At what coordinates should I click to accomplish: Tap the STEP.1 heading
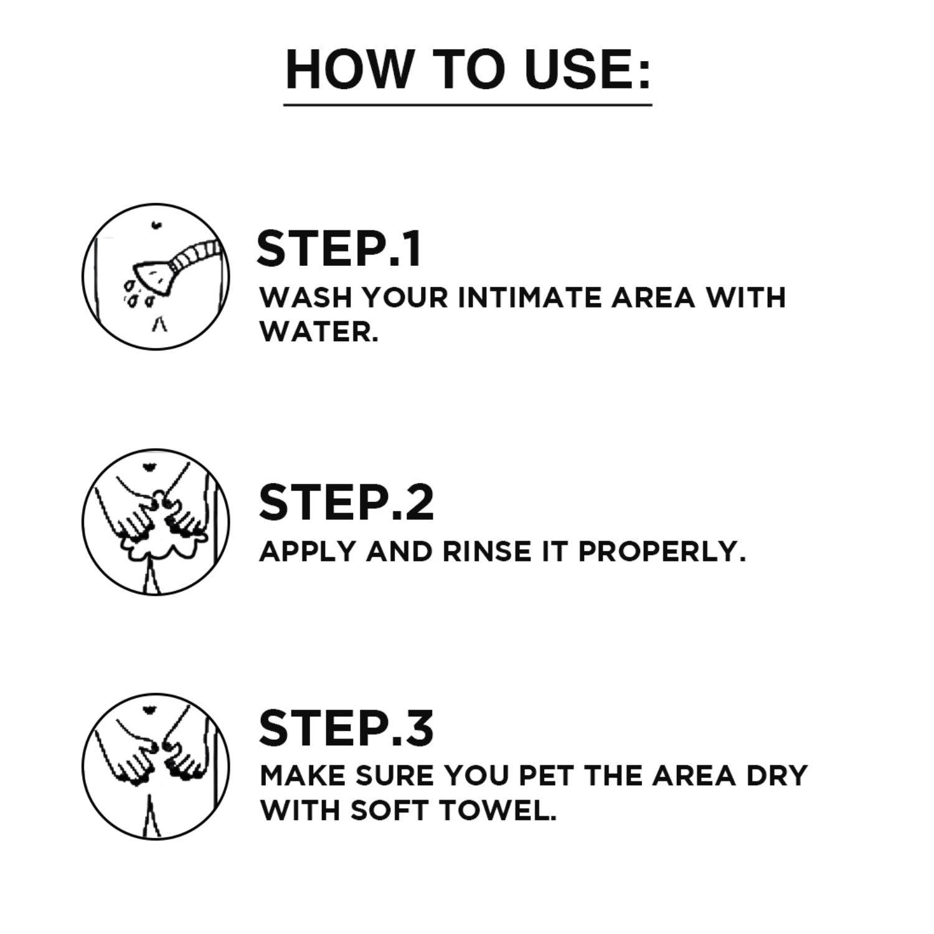pos(339,249)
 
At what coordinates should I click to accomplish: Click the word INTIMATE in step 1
pos(529,298)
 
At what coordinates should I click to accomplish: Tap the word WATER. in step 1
pos(318,332)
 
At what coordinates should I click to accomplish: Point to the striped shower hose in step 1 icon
pos(196,254)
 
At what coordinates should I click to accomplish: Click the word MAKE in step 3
pos(303,776)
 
